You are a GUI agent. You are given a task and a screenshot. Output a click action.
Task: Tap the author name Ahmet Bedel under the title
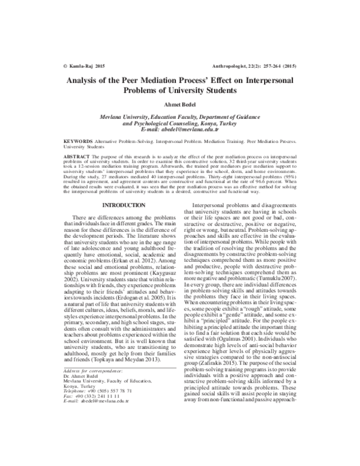pyautogui.click(x=179, y=106)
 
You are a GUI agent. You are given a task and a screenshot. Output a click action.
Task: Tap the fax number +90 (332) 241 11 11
pyautogui.click(x=103, y=405)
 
